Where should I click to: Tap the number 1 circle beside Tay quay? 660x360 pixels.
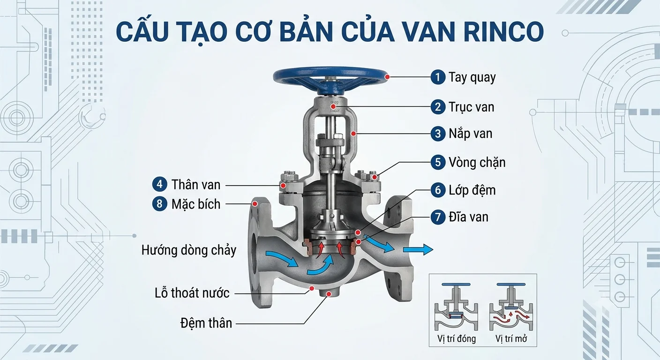click(x=438, y=77)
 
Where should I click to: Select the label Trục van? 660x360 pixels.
click(x=472, y=107)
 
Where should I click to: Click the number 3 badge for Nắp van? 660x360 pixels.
click(x=438, y=134)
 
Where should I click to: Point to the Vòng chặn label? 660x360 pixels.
click(x=477, y=162)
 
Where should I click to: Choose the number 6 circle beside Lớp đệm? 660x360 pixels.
click(x=438, y=190)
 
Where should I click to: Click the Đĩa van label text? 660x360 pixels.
click(x=468, y=217)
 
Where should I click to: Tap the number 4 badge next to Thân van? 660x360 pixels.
click(x=159, y=184)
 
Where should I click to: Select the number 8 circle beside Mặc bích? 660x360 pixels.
click(x=159, y=204)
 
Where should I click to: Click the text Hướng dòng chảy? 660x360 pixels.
click(x=189, y=250)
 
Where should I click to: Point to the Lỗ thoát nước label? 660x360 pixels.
click(x=192, y=293)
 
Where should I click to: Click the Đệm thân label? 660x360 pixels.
click(x=206, y=323)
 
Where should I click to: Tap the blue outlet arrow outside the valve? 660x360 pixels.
click(x=418, y=249)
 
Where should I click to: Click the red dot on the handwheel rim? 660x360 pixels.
click(x=388, y=77)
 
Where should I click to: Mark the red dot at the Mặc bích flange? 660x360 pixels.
click(x=255, y=203)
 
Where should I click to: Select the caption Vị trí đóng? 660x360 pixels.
click(x=457, y=339)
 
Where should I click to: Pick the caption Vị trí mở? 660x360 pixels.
click(x=511, y=339)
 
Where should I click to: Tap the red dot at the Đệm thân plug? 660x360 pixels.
click(x=329, y=294)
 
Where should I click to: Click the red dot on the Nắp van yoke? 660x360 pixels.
click(x=353, y=134)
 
